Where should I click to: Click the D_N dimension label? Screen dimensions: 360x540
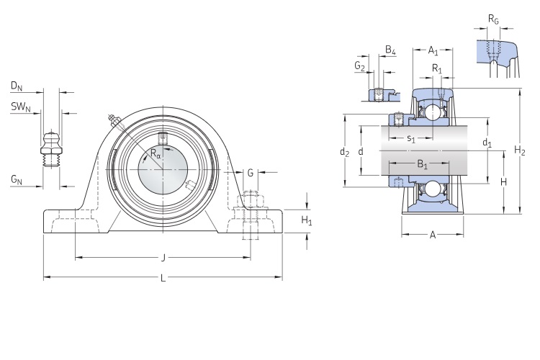click(x=16, y=86)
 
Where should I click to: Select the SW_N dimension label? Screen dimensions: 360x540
click(x=19, y=107)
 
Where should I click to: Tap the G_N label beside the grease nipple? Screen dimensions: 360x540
click(x=16, y=180)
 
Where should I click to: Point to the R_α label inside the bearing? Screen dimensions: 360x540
click(x=156, y=153)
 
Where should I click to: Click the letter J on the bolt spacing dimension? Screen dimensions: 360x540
click(x=163, y=257)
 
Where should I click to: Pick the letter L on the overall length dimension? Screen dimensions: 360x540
click(x=163, y=278)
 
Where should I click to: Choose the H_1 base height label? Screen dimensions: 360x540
click(x=307, y=220)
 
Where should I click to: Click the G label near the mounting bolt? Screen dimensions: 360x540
click(x=251, y=173)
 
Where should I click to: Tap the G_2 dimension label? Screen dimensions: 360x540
click(x=360, y=66)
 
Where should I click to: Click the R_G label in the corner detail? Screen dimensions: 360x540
click(x=493, y=19)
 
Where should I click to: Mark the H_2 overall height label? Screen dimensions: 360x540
click(x=520, y=150)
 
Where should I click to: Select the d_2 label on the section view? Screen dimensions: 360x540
click(x=344, y=152)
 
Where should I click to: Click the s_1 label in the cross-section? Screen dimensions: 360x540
click(x=410, y=138)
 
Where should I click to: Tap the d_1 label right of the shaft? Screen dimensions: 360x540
click(x=487, y=143)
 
